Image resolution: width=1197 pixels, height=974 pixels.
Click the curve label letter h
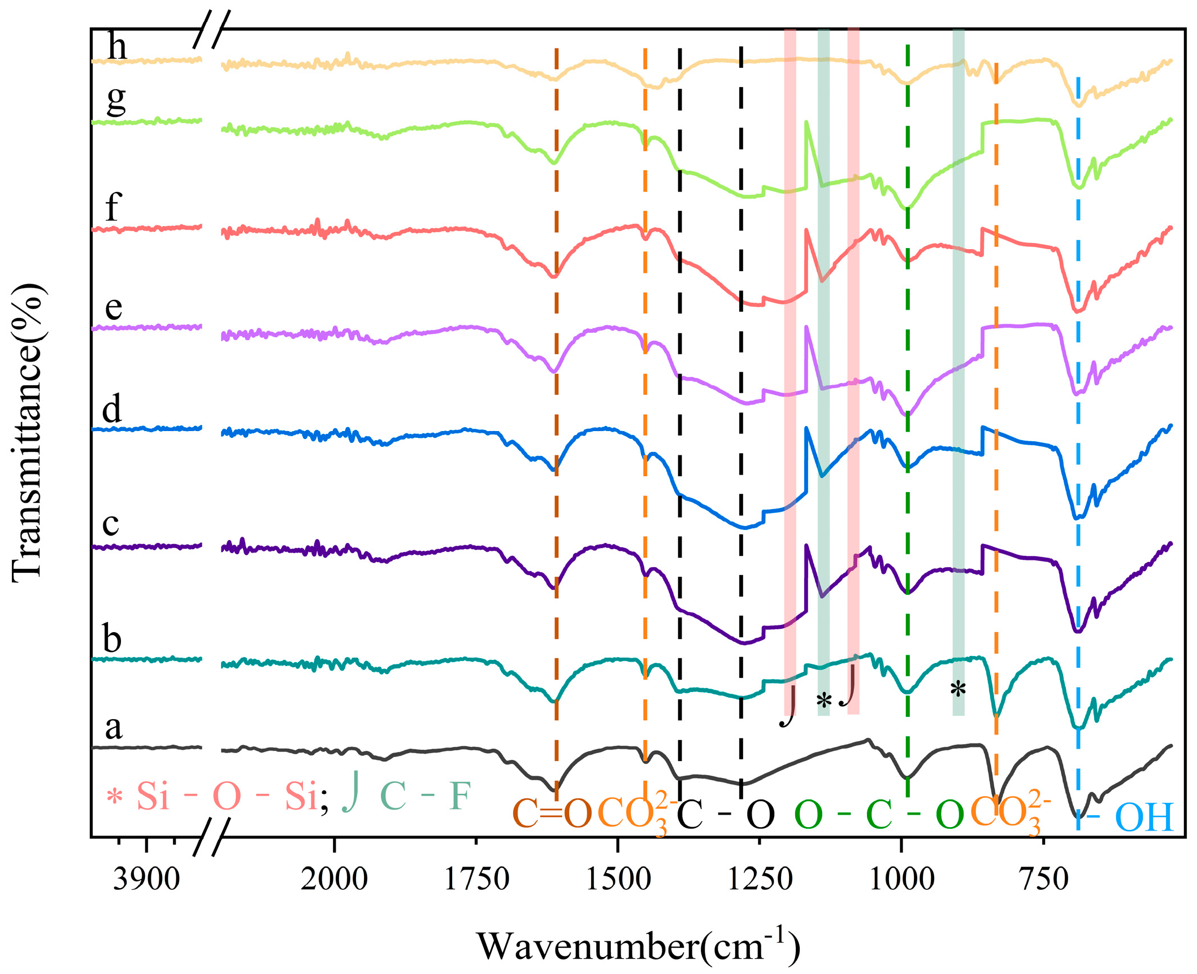point(117,46)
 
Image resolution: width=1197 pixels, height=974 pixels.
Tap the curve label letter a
point(113,728)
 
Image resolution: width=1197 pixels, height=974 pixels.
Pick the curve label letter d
point(112,409)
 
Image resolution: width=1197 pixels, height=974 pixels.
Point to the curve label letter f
point(113,207)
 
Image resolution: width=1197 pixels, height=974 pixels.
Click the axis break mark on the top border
point(212,29)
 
